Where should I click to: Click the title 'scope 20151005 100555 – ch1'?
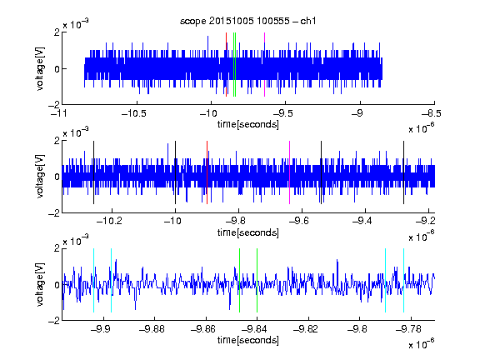pos(247,21)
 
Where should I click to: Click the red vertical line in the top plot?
pos(226,65)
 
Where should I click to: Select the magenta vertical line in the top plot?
pos(264,65)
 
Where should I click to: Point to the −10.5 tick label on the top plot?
pos(134,114)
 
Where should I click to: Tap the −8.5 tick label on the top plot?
pos(432,114)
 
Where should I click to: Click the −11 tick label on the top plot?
pos(59,114)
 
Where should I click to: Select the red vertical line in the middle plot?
pos(207,172)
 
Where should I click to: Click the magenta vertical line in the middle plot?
pos(290,172)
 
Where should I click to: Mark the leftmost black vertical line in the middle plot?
pos(93,172)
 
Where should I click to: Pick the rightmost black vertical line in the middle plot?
pos(403,172)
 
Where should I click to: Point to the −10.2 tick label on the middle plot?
pos(109,221)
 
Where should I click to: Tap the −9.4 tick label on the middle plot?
pos(362,221)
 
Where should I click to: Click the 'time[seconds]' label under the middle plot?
pos(248,232)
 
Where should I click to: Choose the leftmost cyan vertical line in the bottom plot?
pos(93,280)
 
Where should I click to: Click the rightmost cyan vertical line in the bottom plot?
pos(404,280)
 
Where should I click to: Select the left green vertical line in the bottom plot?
pos(239,280)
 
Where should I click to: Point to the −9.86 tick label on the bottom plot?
pos(203,329)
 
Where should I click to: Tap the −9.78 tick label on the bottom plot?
pos(408,329)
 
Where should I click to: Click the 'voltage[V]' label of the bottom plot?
pos(40,285)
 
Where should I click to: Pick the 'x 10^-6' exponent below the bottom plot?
pos(421,344)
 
